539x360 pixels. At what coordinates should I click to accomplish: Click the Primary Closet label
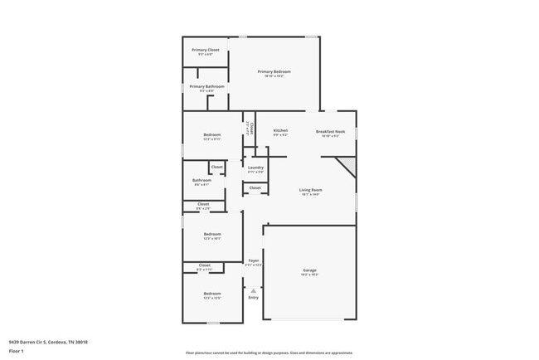click(x=206, y=50)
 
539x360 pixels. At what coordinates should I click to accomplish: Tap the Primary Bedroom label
click(x=274, y=72)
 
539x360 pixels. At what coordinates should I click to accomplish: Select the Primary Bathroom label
click(x=206, y=86)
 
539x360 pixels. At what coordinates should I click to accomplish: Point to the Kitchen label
click(x=280, y=131)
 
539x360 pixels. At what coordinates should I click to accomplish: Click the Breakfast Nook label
click(x=330, y=131)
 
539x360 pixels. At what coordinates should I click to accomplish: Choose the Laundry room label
click(x=255, y=168)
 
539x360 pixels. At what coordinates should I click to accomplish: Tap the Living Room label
click(x=311, y=190)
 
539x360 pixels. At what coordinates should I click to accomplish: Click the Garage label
click(x=309, y=270)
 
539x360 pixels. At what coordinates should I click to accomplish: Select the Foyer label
click(x=254, y=260)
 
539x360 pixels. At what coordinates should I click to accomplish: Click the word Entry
click(x=253, y=297)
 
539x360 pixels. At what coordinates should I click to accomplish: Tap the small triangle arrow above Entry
click(x=253, y=289)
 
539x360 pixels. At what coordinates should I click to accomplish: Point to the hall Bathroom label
click(x=202, y=180)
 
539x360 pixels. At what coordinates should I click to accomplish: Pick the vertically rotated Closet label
click(x=250, y=129)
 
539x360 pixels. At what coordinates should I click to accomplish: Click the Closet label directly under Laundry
click(x=255, y=187)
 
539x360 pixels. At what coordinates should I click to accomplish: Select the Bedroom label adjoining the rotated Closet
click(x=212, y=135)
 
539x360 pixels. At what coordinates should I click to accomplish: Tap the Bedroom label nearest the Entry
click(x=212, y=294)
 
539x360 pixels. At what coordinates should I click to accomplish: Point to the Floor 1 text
click(x=17, y=351)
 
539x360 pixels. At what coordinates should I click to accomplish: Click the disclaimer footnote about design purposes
click(x=269, y=353)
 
